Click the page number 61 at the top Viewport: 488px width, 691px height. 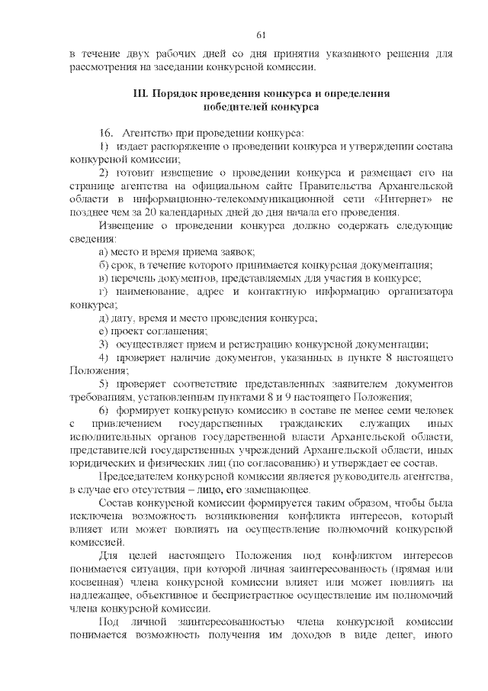tap(260, 34)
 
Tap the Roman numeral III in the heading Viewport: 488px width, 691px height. tap(140, 94)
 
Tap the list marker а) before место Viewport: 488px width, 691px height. tap(104, 252)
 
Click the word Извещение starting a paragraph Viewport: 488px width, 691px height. tap(127, 225)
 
